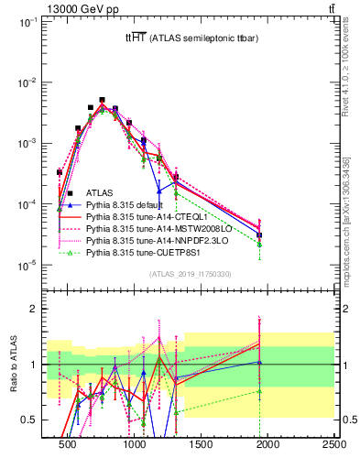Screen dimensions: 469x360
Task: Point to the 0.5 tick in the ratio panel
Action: click(x=30, y=420)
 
